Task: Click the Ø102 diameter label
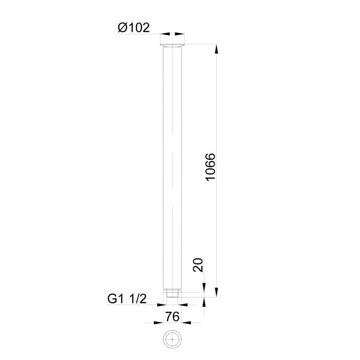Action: (x=134, y=27)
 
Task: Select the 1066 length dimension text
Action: (x=210, y=167)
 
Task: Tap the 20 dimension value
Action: (x=198, y=265)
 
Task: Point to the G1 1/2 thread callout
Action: (x=127, y=299)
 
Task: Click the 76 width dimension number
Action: (x=172, y=317)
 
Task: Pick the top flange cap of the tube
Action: (x=172, y=45)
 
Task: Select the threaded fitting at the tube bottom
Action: (x=172, y=294)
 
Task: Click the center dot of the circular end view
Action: (x=172, y=339)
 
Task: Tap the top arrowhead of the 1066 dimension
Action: (x=216, y=49)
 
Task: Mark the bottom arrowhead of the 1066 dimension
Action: (x=216, y=292)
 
